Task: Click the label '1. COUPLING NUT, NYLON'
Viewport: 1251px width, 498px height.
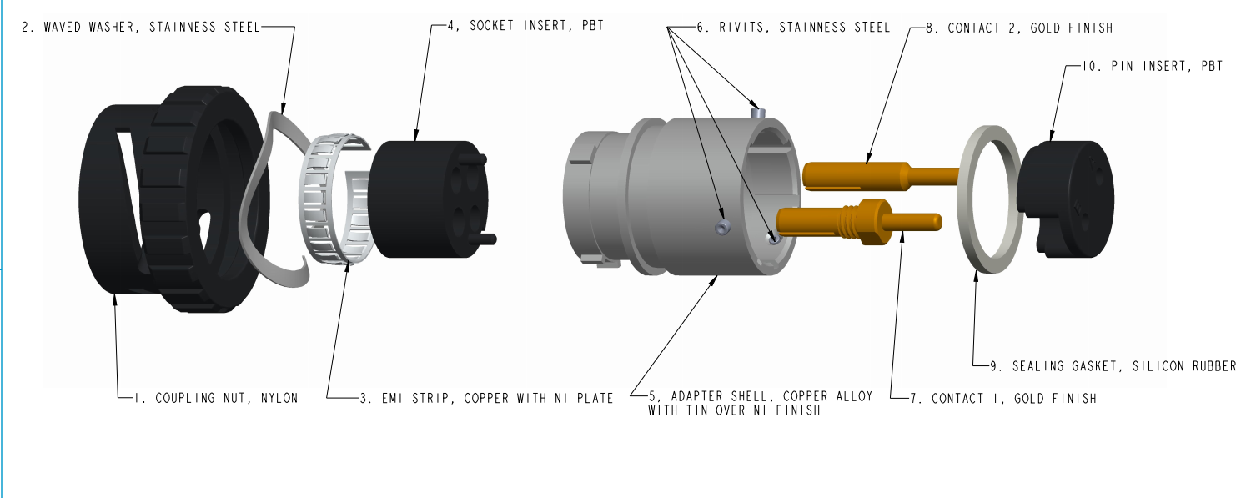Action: pos(215,398)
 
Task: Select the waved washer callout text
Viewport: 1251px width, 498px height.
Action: pos(140,27)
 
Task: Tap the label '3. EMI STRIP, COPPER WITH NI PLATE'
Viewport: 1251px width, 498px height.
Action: pos(486,398)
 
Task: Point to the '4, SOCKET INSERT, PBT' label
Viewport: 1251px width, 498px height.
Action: pos(525,27)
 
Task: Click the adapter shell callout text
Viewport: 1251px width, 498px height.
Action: pos(760,403)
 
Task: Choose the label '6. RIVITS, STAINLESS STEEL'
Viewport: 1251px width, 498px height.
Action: pos(793,27)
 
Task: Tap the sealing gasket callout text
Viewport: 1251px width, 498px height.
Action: pos(1113,365)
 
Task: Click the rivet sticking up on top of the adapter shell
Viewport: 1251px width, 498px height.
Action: pos(756,110)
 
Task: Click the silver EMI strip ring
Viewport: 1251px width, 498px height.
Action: pos(329,200)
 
